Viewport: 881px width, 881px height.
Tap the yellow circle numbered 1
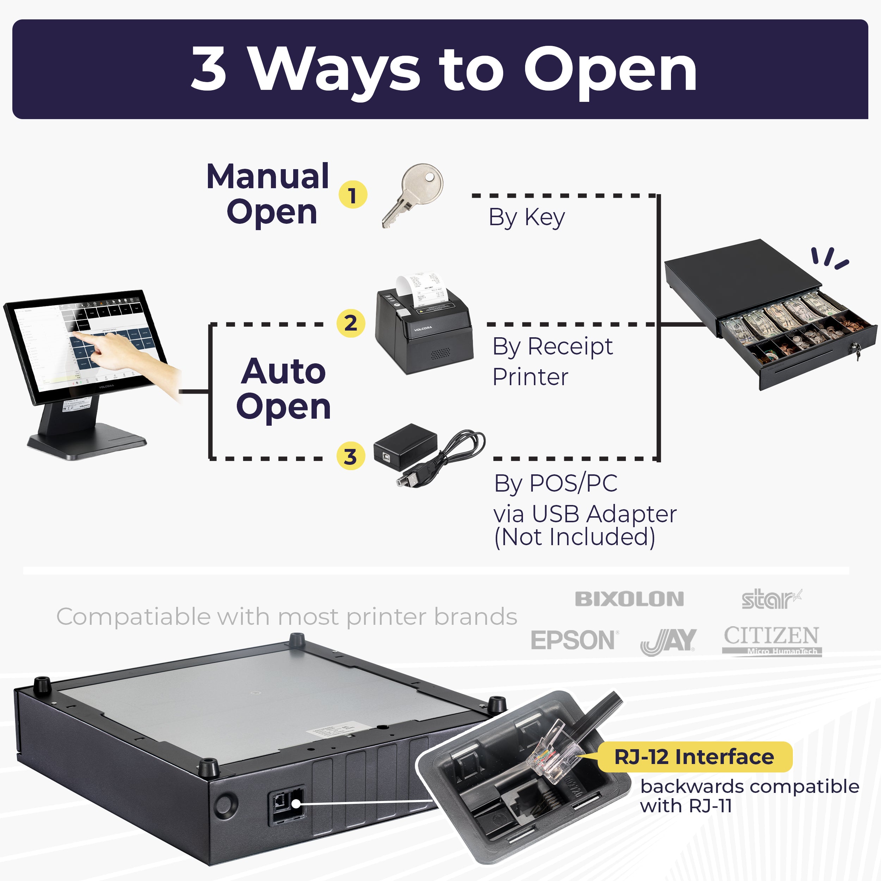click(352, 195)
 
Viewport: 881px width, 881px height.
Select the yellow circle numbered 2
click(350, 323)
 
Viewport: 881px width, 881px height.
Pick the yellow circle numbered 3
click(350, 456)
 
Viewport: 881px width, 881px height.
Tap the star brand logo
click(771, 599)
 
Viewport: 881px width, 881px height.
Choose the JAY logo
click(669, 641)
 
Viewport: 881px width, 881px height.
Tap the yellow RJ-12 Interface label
click(694, 757)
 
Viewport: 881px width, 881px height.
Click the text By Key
click(527, 217)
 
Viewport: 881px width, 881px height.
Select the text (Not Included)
click(574, 537)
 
